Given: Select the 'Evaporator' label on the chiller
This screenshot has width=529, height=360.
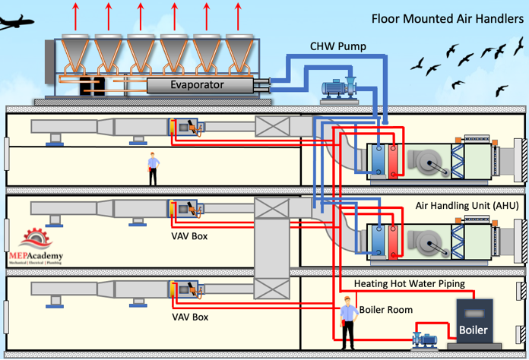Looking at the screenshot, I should pos(197,85).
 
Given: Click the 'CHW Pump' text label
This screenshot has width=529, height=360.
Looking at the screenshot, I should pos(339,47).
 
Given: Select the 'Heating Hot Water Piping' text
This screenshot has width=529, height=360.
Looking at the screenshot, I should pos(410,284).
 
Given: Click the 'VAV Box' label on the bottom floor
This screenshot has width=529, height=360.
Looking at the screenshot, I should pos(189,316).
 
